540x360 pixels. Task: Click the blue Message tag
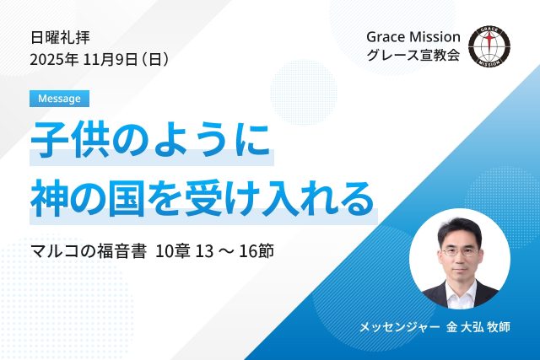click(59, 98)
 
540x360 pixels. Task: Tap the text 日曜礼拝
click(59, 37)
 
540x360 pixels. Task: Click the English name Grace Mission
click(413, 37)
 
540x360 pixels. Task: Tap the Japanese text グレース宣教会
click(413, 59)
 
